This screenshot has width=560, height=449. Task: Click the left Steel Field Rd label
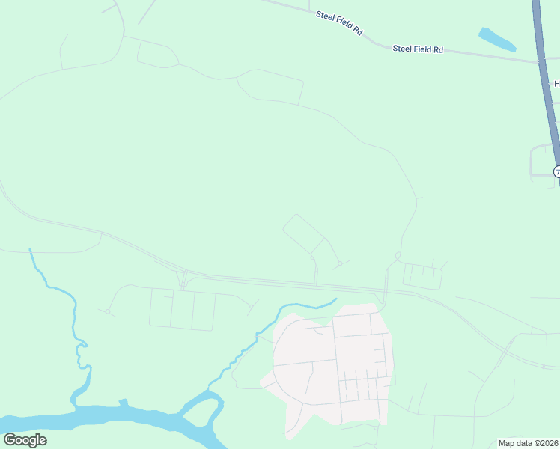339,23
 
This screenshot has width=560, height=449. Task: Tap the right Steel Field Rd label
419,49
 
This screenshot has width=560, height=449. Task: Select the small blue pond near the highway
496,39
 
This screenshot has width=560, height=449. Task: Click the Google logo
25,439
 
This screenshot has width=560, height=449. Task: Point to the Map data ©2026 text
528,443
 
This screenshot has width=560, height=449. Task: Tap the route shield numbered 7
557,172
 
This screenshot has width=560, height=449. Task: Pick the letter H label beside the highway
556,84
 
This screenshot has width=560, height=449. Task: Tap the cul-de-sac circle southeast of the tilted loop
340,263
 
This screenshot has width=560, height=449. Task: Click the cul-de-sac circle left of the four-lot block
108,311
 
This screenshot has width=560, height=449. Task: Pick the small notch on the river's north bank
124,403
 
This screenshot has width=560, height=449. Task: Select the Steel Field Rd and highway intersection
541,61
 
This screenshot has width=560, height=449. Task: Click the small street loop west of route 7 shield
541,160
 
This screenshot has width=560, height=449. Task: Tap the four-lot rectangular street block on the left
182,310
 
